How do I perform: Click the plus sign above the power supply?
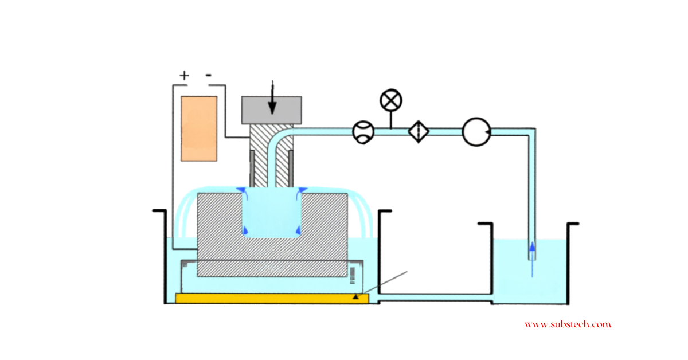pos(184,75)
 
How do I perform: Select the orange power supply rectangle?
pos(199,128)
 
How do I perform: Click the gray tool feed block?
pos(272,109)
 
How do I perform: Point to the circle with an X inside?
pos(391,101)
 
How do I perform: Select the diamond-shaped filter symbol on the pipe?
pos(419,132)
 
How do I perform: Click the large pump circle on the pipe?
pos(475,132)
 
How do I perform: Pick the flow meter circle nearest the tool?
pos(363,132)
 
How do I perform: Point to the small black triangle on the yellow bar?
pos(356,296)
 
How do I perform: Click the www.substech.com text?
pos(568,324)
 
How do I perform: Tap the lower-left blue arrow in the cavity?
pos(245,230)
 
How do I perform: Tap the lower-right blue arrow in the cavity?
pos(298,230)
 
